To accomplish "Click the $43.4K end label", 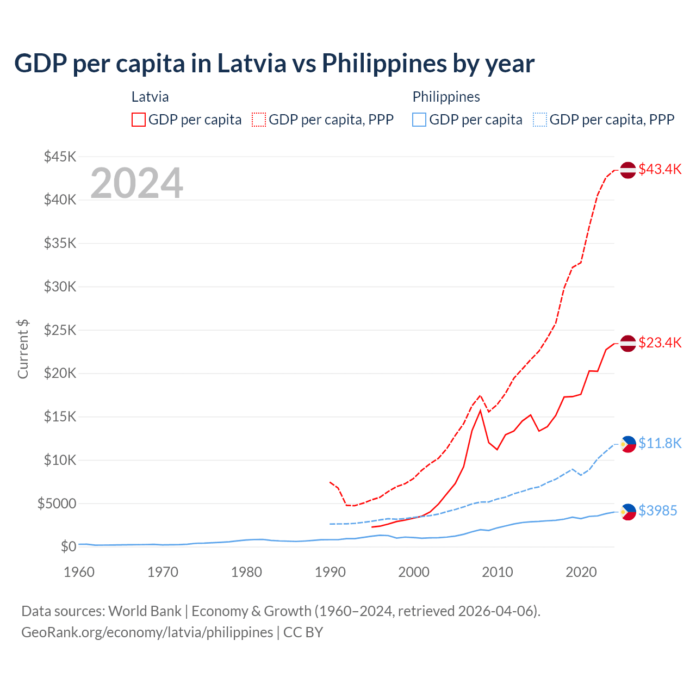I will pos(660,169).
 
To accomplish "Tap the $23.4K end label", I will pos(660,343).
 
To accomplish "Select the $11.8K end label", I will pos(660,443).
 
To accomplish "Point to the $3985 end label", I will pos(657,511).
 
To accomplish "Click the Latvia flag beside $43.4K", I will pos(628,170).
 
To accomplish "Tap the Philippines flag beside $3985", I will pos(628,512).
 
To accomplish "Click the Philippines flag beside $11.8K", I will pos(628,444).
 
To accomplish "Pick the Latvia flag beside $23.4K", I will pos(628,344).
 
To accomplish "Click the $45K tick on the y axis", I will pos(60,157).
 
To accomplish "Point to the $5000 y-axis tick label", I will pos(57,504).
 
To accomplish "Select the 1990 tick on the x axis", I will pos(330,572).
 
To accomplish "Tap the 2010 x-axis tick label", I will pos(498,572).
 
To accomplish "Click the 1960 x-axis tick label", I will pos(79,572).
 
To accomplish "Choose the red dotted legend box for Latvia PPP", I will pos(259,120).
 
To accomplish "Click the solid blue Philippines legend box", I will pos(419,120).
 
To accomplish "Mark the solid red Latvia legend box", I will pos(139,120).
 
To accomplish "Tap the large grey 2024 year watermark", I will pos(136,183).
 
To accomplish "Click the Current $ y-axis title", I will pos(23,349).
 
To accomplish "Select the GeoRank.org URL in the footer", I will pos(147,632).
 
